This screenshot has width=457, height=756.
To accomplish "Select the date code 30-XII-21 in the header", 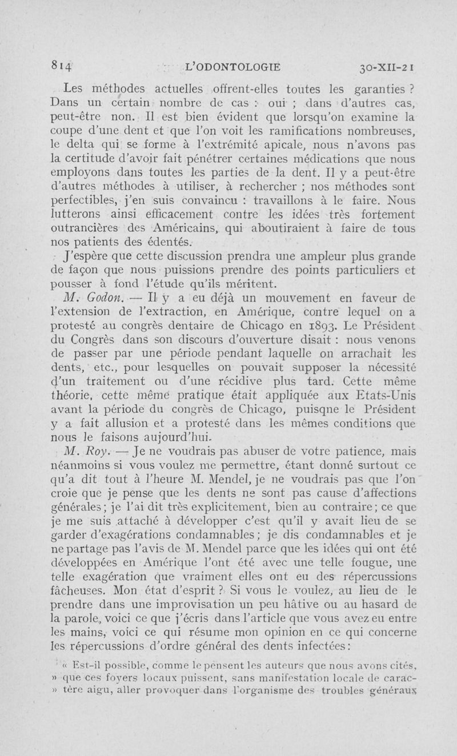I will (390, 66).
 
